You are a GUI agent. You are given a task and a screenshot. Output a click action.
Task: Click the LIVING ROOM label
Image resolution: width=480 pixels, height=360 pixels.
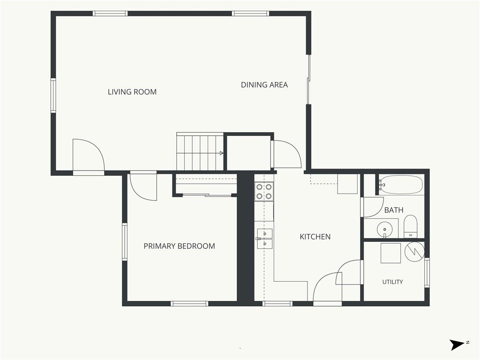click(x=132, y=92)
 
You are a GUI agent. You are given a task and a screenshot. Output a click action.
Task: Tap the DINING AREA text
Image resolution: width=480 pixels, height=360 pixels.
click(x=264, y=85)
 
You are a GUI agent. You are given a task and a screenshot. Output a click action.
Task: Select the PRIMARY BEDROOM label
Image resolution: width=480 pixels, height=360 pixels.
click(x=179, y=246)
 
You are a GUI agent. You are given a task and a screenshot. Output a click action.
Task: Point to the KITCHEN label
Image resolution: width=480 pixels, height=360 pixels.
click(x=315, y=237)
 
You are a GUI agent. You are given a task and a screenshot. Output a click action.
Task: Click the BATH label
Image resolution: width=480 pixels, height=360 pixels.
click(x=394, y=210)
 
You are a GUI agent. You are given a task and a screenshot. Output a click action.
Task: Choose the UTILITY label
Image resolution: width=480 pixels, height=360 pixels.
click(x=392, y=282)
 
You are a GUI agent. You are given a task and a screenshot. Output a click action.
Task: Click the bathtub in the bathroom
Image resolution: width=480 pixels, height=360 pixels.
click(x=401, y=185)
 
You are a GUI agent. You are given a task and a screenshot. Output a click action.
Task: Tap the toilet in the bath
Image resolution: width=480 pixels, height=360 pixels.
click(x=410, y=226)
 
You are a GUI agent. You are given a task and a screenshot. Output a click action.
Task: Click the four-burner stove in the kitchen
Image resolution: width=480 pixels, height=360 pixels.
click(x=264, y=192)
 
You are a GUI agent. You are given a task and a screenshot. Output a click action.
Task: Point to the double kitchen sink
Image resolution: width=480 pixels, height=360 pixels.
click(x=265, y=238)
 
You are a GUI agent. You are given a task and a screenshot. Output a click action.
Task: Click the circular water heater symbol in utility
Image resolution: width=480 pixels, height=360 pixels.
click(x=414, y=251)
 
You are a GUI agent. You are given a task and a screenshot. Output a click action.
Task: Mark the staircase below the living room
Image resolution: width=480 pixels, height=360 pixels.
click(x=200, y=151)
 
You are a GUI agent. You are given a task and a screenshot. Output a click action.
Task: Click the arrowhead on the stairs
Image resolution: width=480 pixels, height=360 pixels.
click(x=221, y=153)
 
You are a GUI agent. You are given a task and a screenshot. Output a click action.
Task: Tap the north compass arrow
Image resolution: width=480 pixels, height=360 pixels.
click(x=457, y=345)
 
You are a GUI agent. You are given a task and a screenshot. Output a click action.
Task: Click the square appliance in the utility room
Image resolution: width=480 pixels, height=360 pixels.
click(x=390, y=253)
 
